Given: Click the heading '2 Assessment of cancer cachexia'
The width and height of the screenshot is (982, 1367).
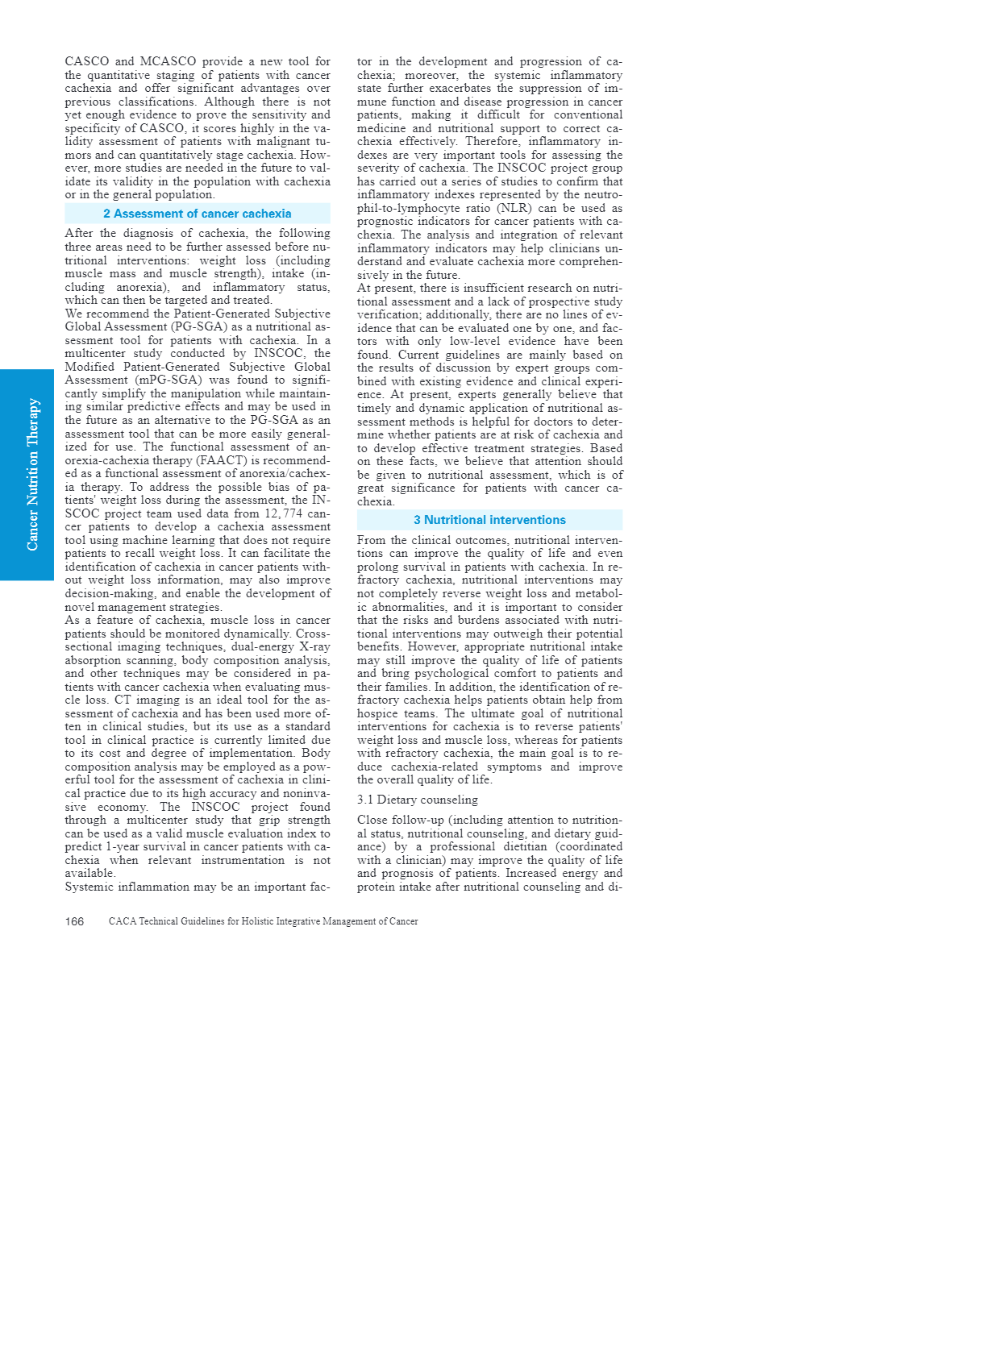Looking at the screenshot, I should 198,214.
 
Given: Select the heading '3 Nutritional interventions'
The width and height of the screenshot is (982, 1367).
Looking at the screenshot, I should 489,520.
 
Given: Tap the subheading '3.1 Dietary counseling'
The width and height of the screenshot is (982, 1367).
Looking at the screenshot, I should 418,800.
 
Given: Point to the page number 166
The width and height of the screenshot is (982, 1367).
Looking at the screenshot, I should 74,921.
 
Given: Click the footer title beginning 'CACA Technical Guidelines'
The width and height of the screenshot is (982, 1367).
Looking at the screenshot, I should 263,921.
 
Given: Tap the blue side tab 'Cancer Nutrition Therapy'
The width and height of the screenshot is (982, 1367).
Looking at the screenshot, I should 32,475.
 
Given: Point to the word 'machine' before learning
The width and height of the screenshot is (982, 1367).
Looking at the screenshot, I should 164,540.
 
